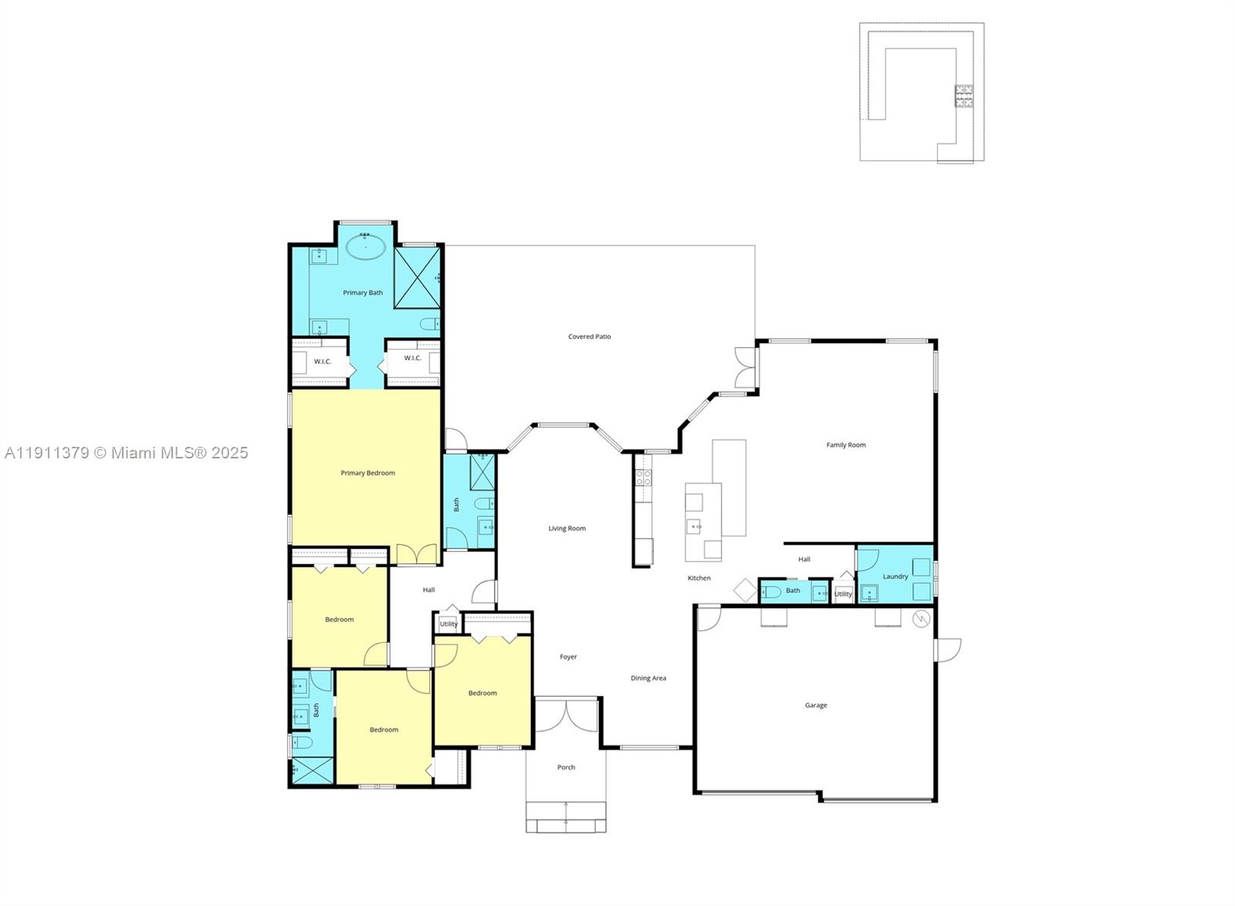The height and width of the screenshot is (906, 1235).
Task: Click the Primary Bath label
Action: pos(363,293)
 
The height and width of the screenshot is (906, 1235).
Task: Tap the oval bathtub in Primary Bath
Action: pos(365,247)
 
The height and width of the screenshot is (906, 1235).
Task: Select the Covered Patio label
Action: pos(589,337)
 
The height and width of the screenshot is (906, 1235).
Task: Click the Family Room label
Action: pos(846,445)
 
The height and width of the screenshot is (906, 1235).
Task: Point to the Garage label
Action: pos(816,705)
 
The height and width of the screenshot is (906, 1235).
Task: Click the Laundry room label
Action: pos(895,576)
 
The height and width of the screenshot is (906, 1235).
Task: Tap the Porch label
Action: pos(566,768)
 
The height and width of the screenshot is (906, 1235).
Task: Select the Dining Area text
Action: pos(648,678)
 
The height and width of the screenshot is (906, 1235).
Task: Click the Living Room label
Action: pos(567,529)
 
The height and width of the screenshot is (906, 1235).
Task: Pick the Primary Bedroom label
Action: pos(367,473)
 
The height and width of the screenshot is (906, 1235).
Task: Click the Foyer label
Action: pos(568,658)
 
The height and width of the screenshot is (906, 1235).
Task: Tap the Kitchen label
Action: pos(699,578)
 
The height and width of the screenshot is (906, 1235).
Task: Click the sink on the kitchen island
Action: pos(694,527)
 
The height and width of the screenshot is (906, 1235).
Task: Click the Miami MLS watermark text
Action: pos(126,453)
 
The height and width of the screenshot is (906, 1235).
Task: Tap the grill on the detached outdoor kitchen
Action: pos(964,96)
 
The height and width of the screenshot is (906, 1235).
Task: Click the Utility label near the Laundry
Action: pos(843,594)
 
